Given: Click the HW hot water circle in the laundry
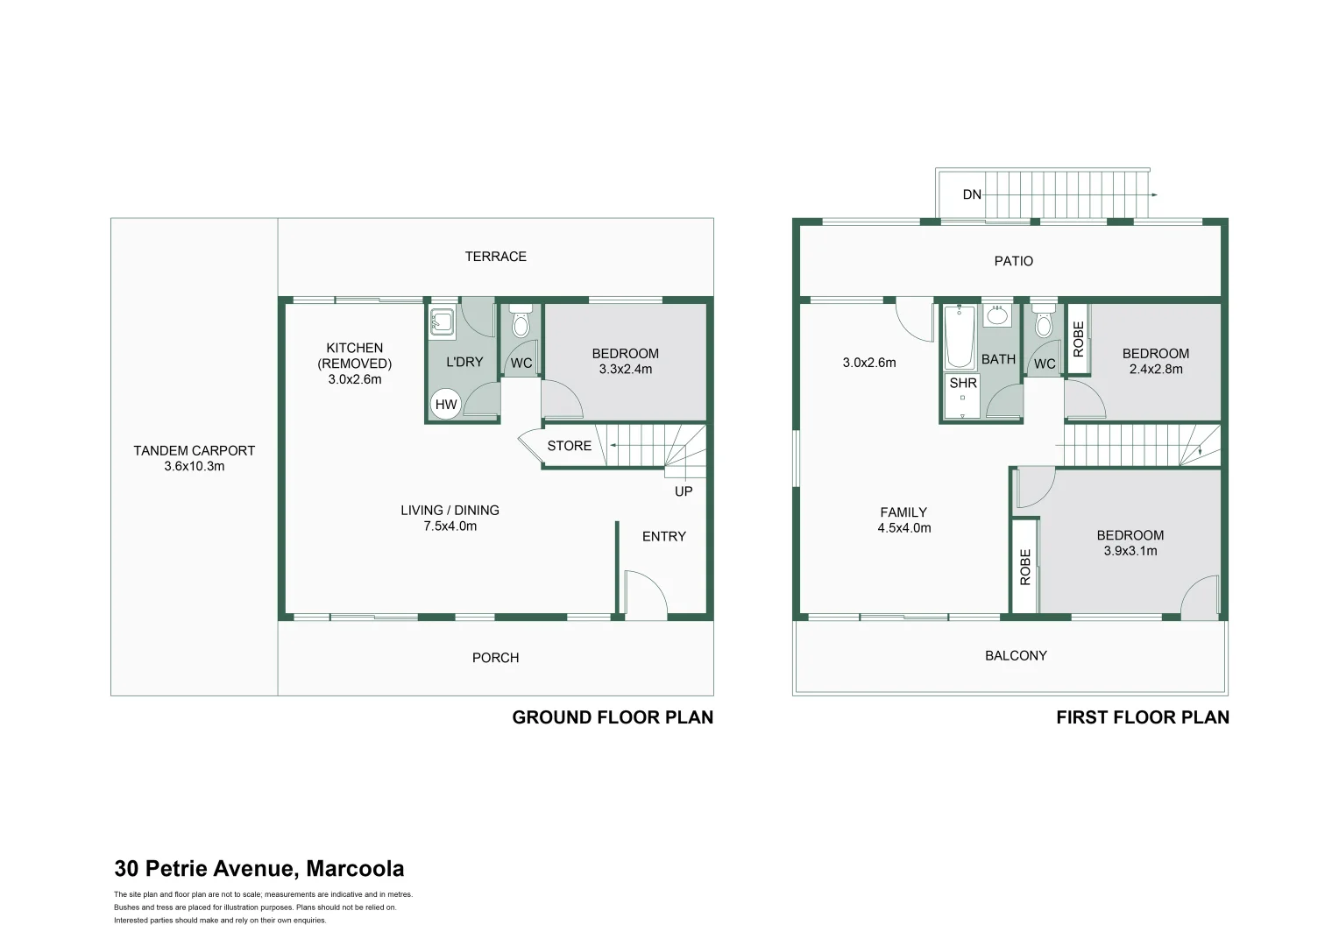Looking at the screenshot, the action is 446,405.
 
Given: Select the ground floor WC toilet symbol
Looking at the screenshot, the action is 521,323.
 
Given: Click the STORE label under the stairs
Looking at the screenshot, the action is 569,446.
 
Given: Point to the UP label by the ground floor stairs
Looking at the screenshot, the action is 684,491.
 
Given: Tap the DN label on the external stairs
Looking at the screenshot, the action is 972,194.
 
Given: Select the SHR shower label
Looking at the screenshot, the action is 962,384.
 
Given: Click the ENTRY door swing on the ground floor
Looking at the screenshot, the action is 644,592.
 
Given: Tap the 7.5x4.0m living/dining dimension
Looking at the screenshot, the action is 450,526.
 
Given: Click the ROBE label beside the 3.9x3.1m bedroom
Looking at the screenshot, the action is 1024,567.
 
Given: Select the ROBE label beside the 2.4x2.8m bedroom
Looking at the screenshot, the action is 1078,339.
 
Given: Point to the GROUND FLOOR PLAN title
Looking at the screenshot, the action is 613,717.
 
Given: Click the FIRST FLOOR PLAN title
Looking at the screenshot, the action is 1142,717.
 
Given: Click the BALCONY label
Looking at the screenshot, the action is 1016,655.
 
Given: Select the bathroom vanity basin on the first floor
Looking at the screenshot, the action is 997,316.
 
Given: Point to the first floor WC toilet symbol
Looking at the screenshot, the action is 1043,323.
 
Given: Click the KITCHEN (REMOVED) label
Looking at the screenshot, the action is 354,356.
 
